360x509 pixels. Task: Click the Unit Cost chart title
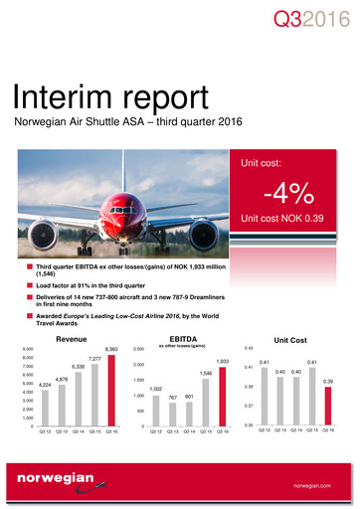pyautogui.click(x=300, y=339)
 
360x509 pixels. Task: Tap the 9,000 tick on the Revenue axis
pyautogui.click(x=27, y=349)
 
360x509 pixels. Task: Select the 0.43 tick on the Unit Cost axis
pyautogui.click(x=249, y=348)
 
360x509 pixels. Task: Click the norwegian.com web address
pyautogui.click(x=316, y=486)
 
